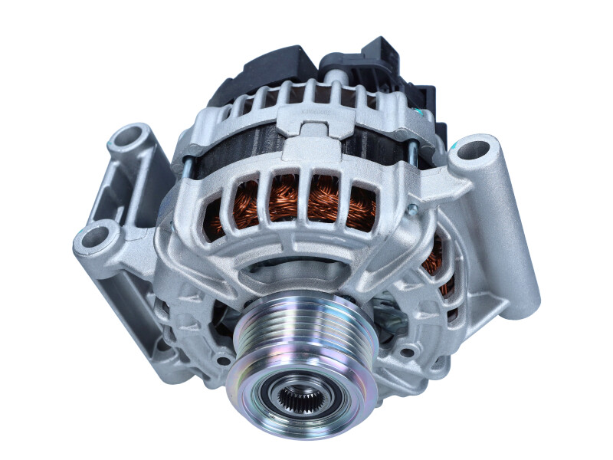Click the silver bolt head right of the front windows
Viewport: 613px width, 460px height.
click(411, 209)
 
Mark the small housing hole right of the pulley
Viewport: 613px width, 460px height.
click(407, 353)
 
